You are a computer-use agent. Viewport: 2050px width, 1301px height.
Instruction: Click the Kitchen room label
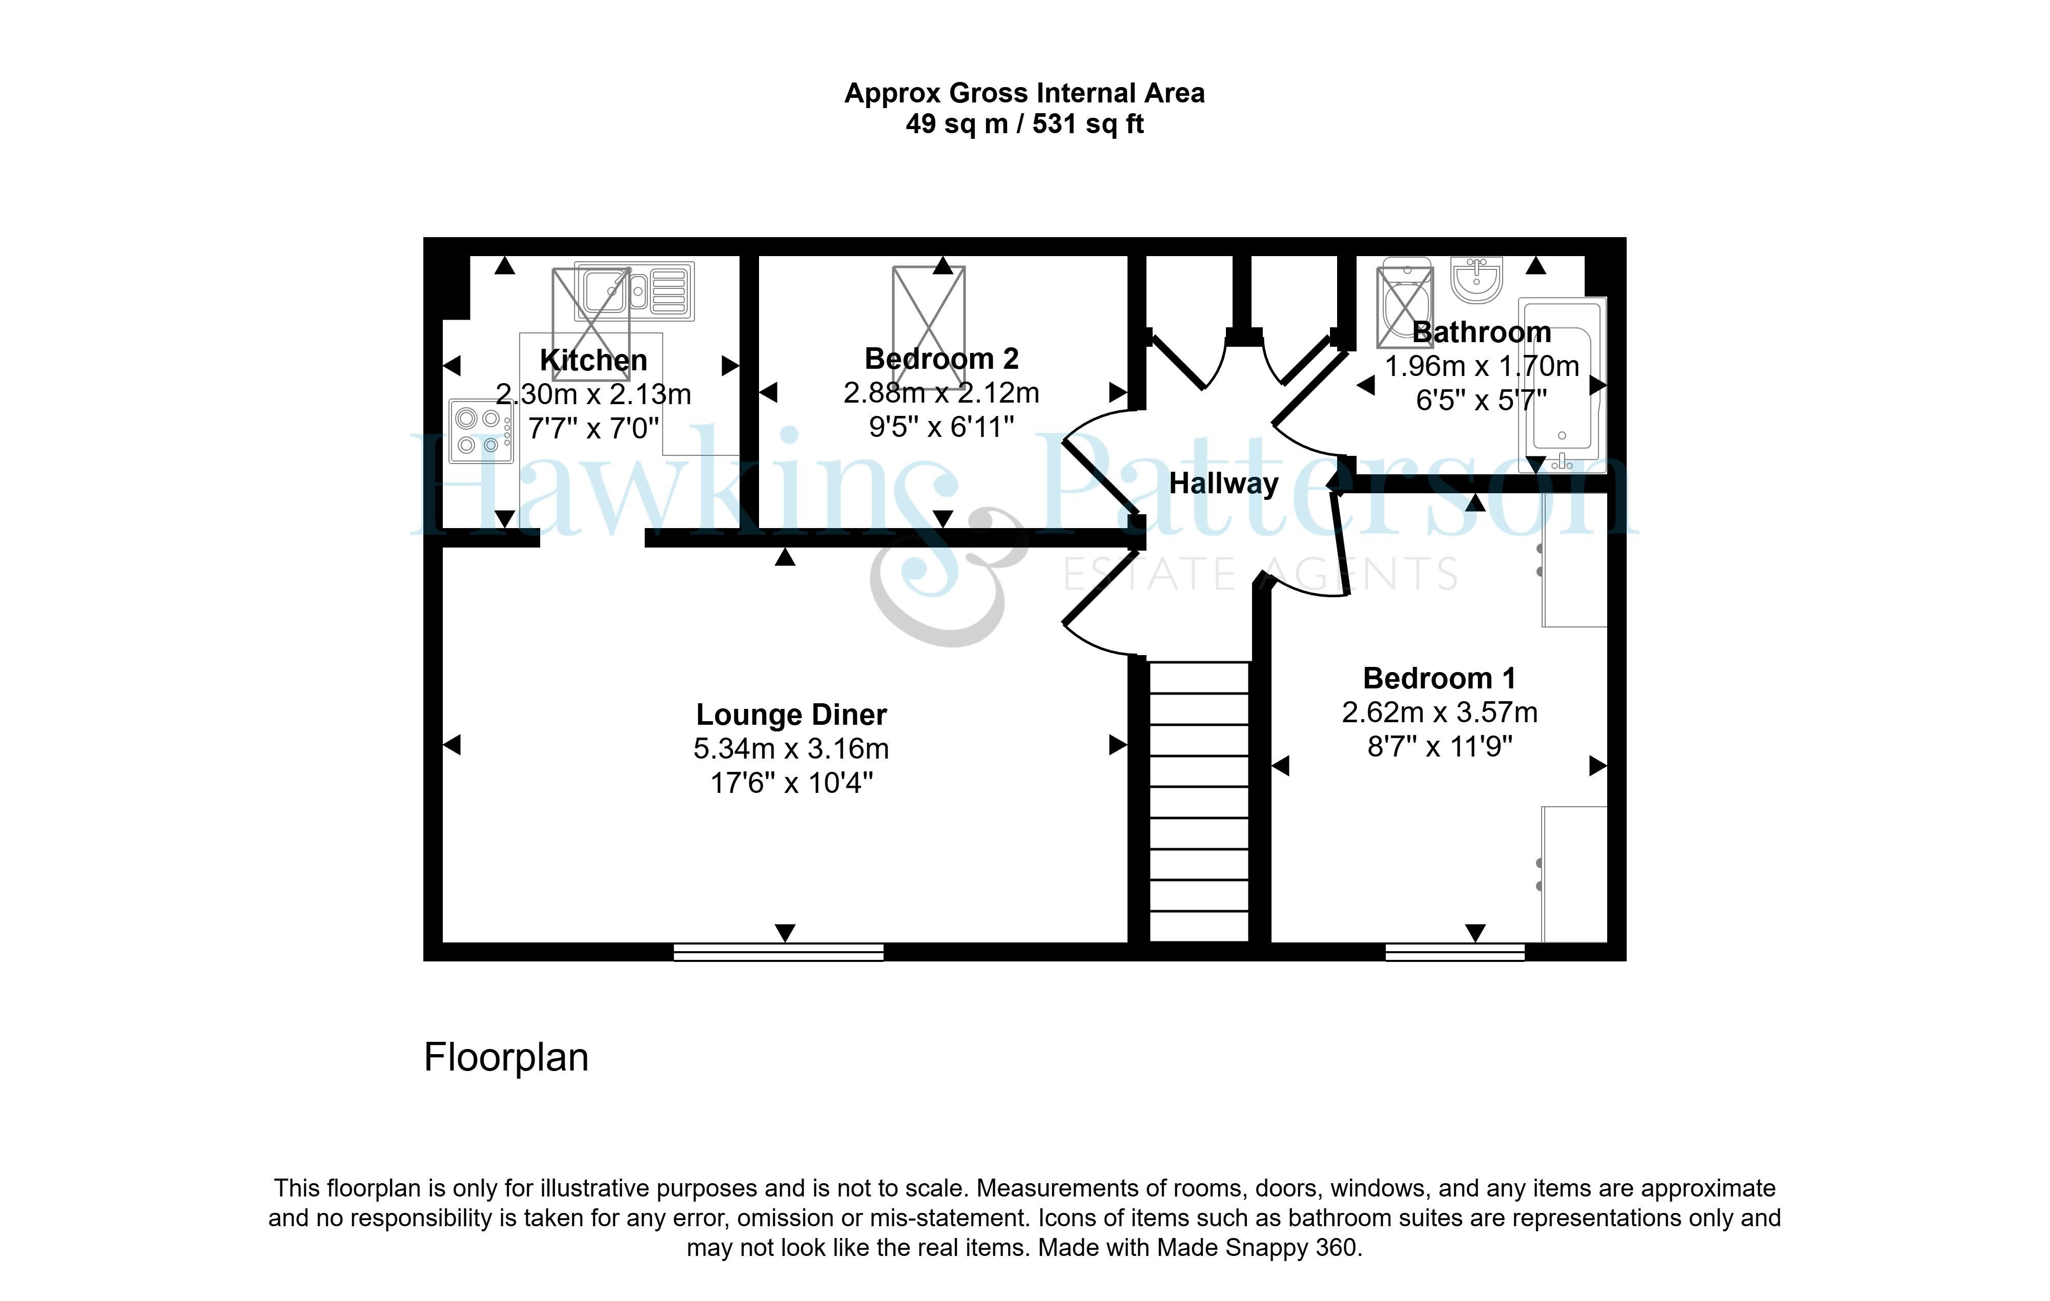pos(593,360)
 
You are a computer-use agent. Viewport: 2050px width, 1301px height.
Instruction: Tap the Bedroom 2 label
pos(941,358)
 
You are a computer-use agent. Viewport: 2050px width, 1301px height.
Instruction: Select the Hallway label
pos(1223,484)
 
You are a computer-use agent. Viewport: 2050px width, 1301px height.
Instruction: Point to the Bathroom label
pos(1481,332)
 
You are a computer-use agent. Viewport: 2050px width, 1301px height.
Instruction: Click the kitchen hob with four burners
pos(481,431)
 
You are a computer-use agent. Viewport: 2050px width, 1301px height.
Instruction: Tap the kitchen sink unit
pos(635,291)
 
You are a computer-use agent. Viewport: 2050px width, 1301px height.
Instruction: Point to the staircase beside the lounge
pos(1199,802)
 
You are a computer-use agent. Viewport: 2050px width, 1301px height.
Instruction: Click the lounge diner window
pos(778,952)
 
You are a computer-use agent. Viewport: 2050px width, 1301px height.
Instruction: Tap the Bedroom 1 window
pos(1455,952)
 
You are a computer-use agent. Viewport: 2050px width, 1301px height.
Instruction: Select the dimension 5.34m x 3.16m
pos(791,749)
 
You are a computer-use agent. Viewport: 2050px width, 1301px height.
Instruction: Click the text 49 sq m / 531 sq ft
pos(1024,124)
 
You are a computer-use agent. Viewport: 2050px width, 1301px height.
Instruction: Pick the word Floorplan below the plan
pos(506,1058)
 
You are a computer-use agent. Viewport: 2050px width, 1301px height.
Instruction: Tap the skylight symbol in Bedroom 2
pos(929,315)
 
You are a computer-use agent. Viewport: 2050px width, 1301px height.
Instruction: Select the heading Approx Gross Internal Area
pos(1024,93)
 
